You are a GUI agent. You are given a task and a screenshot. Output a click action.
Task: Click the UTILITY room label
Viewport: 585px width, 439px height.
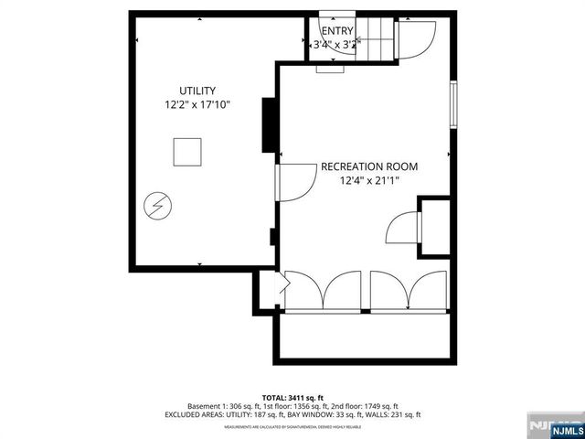coord(197,91)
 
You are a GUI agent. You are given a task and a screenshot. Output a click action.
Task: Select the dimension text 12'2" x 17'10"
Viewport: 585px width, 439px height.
coord(197,105)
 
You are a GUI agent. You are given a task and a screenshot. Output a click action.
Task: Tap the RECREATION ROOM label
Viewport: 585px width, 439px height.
coord(368,166)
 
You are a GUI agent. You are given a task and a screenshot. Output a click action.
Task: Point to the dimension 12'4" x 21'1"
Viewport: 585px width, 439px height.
coord(368,181)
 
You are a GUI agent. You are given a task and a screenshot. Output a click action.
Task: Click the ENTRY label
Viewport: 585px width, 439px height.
coord(336,31)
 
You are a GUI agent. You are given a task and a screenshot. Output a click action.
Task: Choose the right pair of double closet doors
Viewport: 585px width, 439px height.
coord(408,291)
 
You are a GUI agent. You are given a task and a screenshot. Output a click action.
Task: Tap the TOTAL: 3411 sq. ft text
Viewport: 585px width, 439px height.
coord(292,398)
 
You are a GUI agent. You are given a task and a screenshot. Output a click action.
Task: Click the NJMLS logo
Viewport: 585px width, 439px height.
coord(554,427)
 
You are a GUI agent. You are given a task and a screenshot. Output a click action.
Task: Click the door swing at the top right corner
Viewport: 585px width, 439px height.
coord(415,40)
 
